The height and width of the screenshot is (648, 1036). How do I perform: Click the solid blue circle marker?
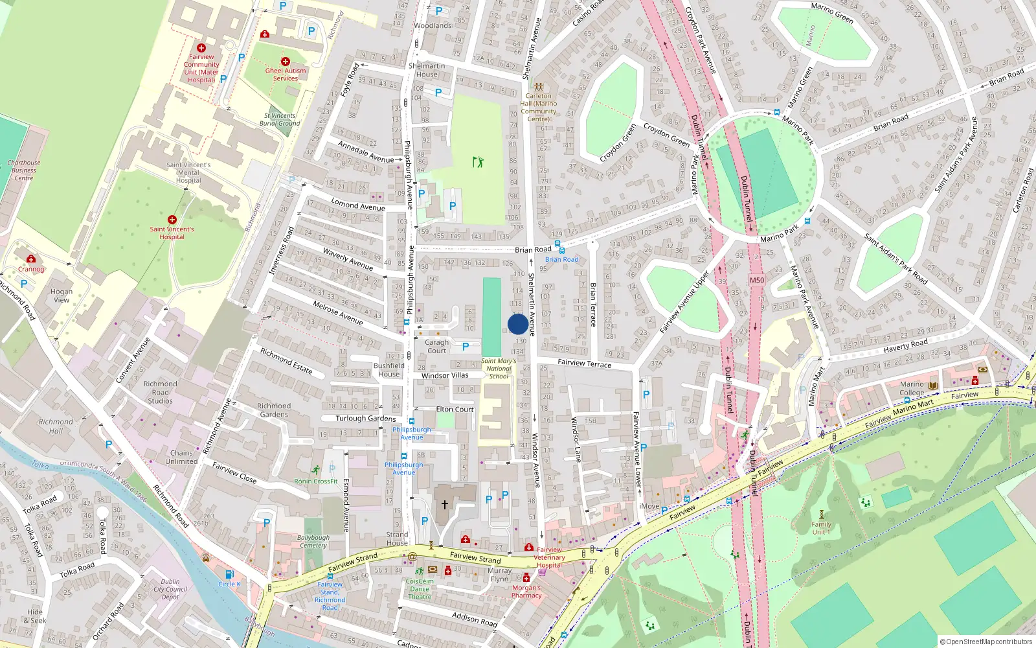point(517,324)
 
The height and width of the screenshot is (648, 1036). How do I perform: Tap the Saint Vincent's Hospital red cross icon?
point(172,220)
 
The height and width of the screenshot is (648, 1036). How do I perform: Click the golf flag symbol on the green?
point(478,161)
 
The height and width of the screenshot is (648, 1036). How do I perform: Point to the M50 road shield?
point(756,281)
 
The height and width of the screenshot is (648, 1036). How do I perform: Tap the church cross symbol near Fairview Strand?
point(445,504)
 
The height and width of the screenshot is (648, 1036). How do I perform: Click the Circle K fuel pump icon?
point(229,574)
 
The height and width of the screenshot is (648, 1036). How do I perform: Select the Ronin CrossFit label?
point(316,481)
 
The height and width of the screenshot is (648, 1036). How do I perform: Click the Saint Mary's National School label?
point(499,369)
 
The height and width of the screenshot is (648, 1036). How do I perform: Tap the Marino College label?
point(912,388)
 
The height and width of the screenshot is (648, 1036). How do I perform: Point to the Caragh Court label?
point(436,347)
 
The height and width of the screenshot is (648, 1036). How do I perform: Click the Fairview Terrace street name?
point(584,364)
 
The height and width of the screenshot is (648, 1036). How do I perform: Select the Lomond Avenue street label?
point(357,205)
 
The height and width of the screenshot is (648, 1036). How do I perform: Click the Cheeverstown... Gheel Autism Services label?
point(286,75)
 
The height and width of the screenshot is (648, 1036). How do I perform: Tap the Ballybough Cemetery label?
point(313,542)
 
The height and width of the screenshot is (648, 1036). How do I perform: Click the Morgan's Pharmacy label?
point(526,592)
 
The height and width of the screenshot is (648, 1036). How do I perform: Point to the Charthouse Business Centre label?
point(24,170)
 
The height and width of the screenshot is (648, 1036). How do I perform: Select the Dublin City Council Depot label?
point(170,589)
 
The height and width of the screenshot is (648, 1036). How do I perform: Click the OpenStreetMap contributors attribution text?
point(986,642)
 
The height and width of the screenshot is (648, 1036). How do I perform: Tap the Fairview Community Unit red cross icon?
point(201,48)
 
